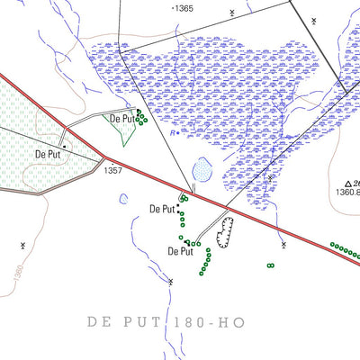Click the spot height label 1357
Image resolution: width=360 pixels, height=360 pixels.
point(112,169)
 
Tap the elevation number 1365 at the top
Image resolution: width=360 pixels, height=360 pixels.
point(184,8)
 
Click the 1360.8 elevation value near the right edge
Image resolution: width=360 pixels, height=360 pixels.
point(345,192)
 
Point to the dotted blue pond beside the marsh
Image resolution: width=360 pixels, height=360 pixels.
point(202,169)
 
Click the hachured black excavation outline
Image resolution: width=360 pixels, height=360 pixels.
point(224,231)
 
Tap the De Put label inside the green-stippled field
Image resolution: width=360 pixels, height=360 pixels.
point(52,154)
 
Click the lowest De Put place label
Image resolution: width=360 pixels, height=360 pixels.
point(181,251)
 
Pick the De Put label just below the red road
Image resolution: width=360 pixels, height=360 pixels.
point(161,210)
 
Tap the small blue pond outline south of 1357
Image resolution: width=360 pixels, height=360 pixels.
point(123,200)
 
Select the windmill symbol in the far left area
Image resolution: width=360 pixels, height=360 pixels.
point(23,244)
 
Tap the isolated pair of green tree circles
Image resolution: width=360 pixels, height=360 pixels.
point(270,265)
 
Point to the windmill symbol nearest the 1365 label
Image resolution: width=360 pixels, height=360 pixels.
point(232,12)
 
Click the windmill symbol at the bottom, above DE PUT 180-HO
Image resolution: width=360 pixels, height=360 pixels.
point(170,282)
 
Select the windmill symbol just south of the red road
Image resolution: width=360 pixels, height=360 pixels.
point(283,244)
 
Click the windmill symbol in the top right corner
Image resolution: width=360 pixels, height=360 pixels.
point(310,18)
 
